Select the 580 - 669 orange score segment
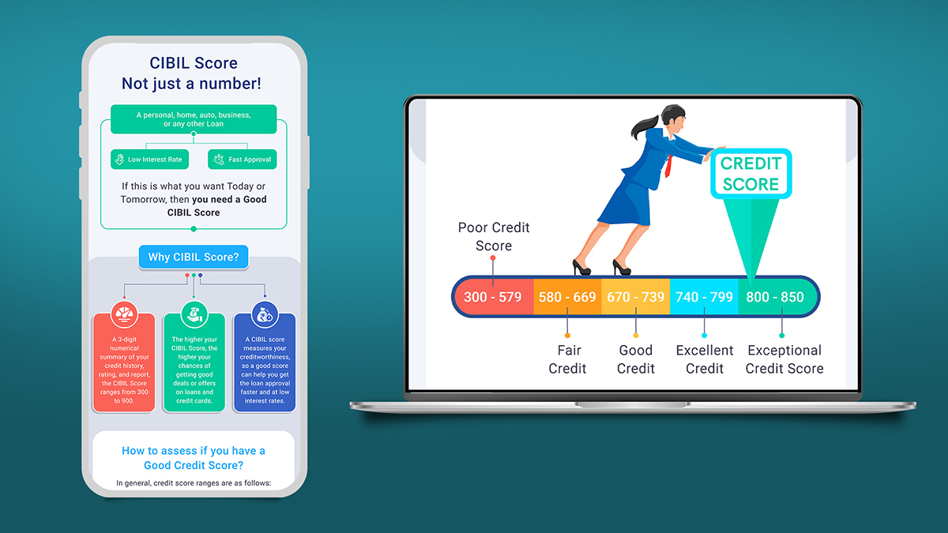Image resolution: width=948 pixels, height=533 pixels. pyautogui.click(x=567, y=297)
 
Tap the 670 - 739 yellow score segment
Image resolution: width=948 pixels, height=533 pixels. pyautogui.click(x=636, y=297)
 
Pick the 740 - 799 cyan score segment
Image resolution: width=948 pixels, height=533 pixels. pyautogui.click(x=704, y=297)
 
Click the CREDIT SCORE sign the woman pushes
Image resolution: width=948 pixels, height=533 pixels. pyautogui.click(x=751, y=174)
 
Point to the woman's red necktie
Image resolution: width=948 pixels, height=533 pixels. pyautogui.click(x=668, y=167)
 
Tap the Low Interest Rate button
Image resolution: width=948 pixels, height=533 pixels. pyautogui.click(x=150, y=160)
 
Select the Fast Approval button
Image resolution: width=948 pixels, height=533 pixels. pyautogui.click(x=242, y=160)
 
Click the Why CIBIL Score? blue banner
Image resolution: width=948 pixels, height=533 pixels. pyautogui.click(x=194, y=257)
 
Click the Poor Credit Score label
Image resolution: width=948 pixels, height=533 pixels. pyautogui.click(x=494, y=236)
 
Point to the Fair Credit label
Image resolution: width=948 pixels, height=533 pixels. pyautogui.click(x=567, y=359)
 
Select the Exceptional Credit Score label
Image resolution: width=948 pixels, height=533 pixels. pyautogui.click(x=784, y=359)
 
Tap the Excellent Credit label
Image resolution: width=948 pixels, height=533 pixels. pyautogui.click(x=704, y=359)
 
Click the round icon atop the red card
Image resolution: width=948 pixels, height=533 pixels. pyautogui.click(x=124, y=314)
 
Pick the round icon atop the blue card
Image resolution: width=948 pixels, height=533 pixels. pyautogui.click(x=265, y=314)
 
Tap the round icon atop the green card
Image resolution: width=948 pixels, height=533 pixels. pyautogui.click(x=194, y=314)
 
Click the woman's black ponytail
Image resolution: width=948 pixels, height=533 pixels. pyautogui.click(x=644, y=126)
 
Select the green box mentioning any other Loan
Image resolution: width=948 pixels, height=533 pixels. pyautogui.click(x=194, y=119)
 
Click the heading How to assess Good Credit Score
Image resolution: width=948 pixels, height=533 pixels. pyautogui.click(x=194, y=458)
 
